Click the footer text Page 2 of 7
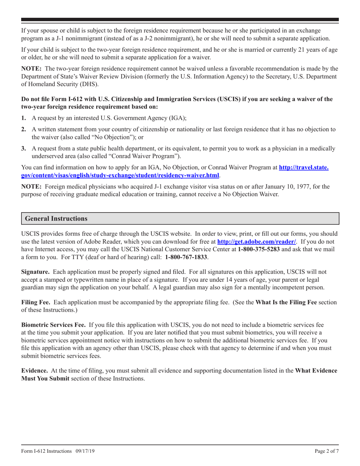(327, 452)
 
